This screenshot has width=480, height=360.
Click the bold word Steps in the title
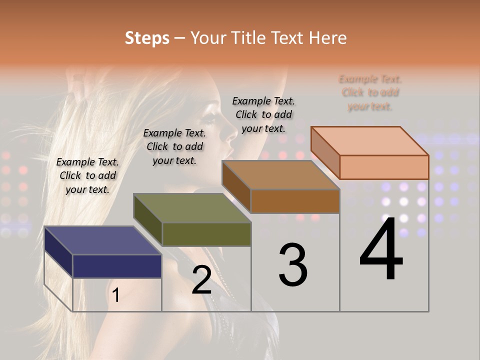click(x=147, y=38)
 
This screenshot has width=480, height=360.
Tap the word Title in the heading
click(x=248, y=38)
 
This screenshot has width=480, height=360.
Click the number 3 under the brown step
click(x=293, y=265)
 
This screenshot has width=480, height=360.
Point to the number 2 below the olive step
click(x=201, y=280)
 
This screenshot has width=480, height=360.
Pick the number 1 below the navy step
click(x=115, y=295)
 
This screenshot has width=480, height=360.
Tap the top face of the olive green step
click(x=192, y=208)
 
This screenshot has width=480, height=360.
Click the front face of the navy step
click(x=117, y=266)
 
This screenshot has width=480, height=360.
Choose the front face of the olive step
click(x=206, y=234)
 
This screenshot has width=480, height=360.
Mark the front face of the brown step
click(x=295, y=201)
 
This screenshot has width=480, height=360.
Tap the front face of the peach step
click(x=384, y=167)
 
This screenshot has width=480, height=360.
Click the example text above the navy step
click(x=87, y=175)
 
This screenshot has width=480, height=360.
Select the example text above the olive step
click(x=174, y=146)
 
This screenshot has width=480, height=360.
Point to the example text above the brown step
click(x=263, y=114)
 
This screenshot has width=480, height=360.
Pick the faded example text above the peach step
click(x=370, y=92)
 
